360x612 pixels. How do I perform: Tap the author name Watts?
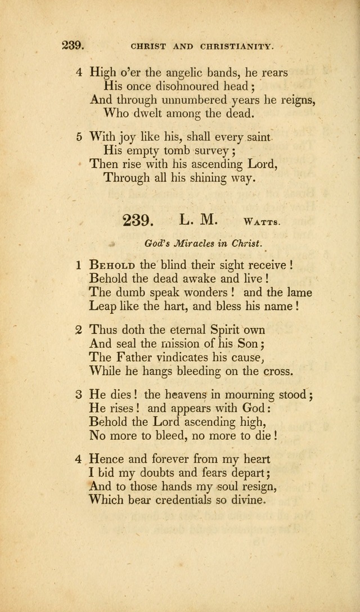click(x=262, y=222)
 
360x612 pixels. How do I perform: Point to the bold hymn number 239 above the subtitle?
click(x=138, y=220)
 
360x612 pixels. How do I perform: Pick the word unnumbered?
click(x=188, y=100)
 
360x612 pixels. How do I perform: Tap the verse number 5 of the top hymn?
click(x=79, y=137)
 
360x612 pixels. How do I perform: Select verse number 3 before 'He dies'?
click(x=79, y=394)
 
